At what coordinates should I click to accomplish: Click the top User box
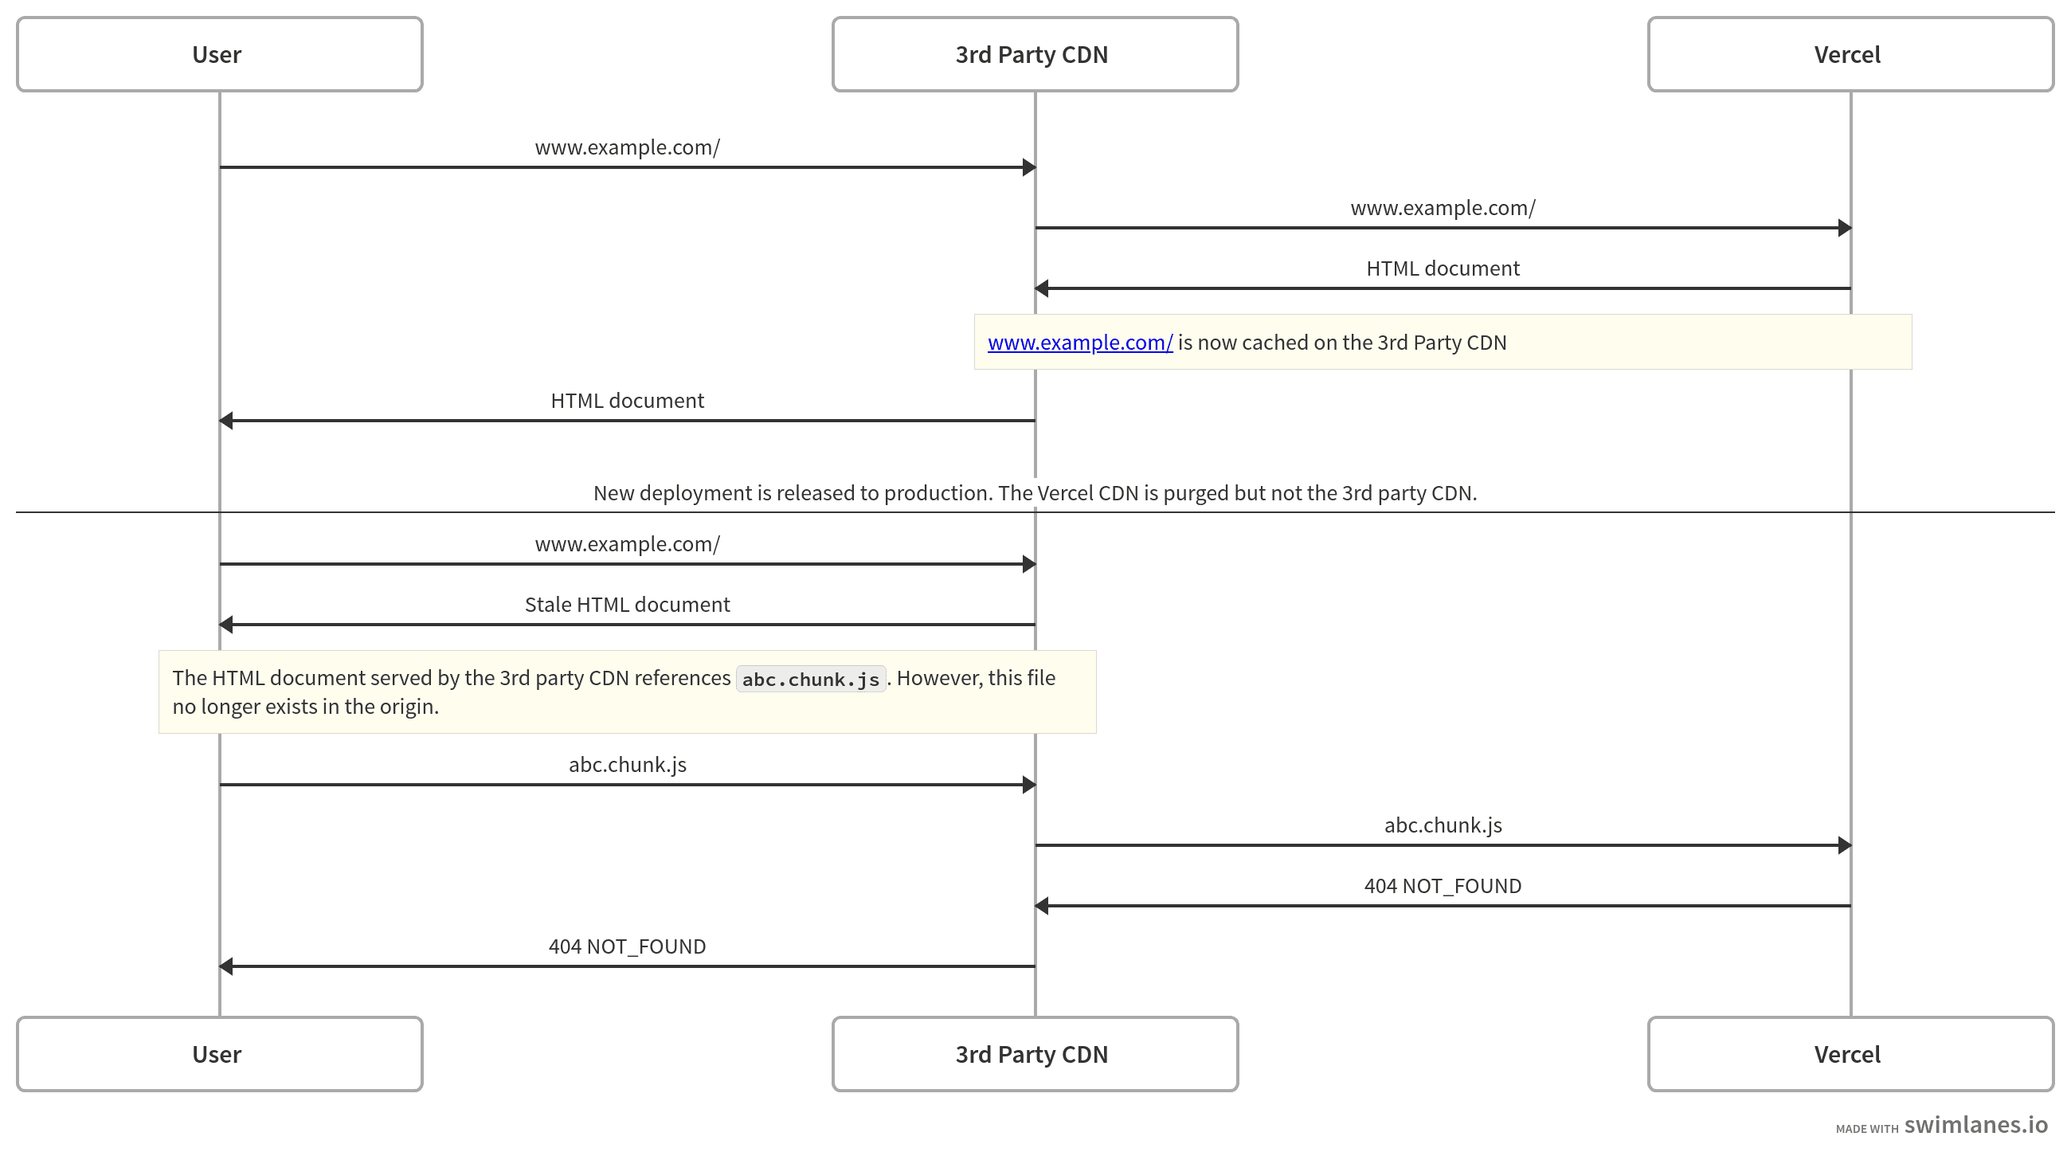(x=219, y=55)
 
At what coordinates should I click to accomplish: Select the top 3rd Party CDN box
(x=1034, y=55)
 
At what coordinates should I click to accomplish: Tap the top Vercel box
(x=1849, y=55)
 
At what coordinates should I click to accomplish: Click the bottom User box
(x=219, y=1054)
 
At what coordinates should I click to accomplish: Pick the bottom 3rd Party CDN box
(x=1034, y=1054)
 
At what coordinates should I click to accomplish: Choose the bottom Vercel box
(x=1849, y=1054)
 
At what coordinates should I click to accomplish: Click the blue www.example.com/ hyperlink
(x=1079, y=343)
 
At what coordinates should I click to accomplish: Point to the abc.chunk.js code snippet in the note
(x=809, y=680)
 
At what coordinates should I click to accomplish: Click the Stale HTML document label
(x=627, y=605)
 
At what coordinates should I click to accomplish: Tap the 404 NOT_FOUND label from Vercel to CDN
(x=1443, y=886)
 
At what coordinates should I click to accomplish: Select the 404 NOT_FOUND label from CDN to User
(x=627, y=946)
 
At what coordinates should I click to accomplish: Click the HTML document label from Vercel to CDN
(x=1443, y=268)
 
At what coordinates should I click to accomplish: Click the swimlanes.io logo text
(x=1975, y=1125)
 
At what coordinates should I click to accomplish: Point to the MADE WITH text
(x=1866, y=1129)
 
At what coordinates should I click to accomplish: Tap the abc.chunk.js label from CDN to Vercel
(x=1443, y=825)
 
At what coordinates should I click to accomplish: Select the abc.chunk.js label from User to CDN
(x=627, y=765)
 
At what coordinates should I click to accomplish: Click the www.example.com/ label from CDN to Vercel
(x=1443, y=208)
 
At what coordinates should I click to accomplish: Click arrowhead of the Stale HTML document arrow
(x=226, y=625)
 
